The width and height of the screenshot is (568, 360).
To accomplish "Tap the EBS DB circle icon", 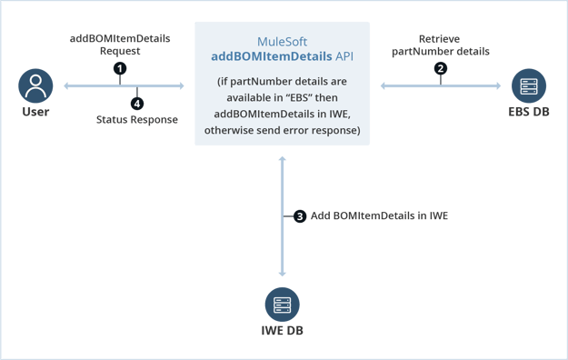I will click(x=529, y=86).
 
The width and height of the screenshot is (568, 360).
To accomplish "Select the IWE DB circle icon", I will click(x=282, y=304).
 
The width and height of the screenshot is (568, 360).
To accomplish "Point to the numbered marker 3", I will click(x=299, y=216).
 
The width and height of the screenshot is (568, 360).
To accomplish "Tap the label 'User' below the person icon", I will click(x=35, y=114).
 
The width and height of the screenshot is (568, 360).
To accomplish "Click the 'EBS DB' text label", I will click(x=529, y=114).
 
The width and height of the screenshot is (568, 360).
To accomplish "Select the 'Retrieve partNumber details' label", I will click(x=441, y=45).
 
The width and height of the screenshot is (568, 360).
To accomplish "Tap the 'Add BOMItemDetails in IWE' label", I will click(x=379, y=216).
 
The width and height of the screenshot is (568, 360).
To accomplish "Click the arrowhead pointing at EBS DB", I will click(x=497, y=86).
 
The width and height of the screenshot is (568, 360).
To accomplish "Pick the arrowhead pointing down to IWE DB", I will click(x=283, y=273).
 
